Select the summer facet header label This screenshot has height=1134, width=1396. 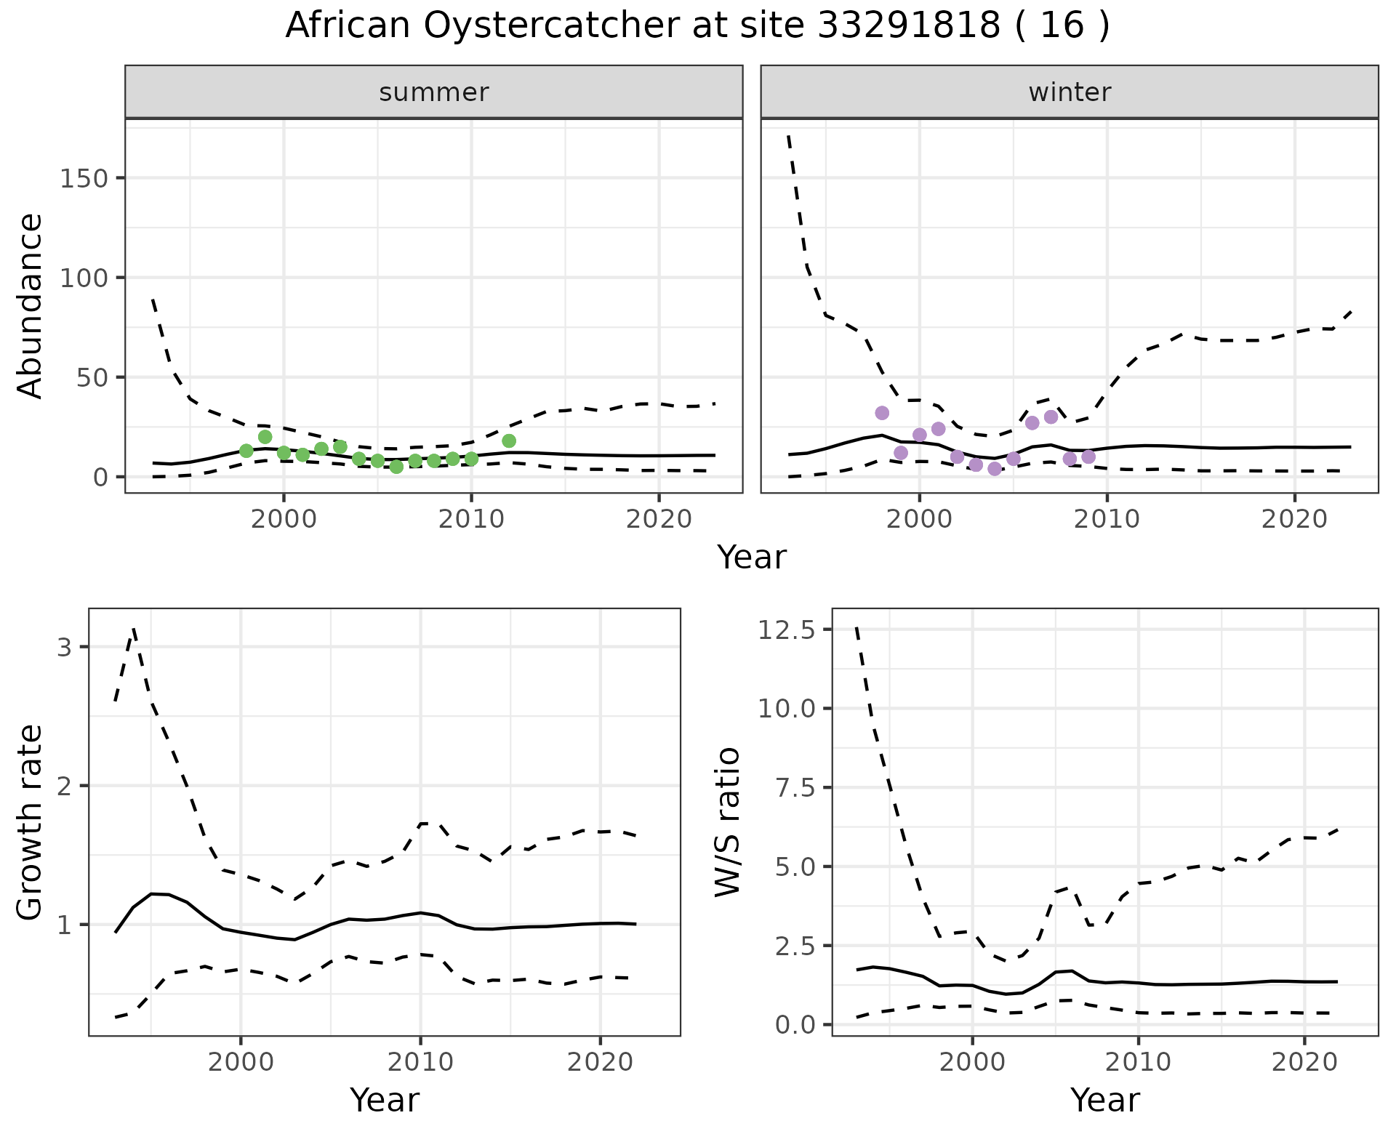[434, 92]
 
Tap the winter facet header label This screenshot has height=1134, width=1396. [1070, 92]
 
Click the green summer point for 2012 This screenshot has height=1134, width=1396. [509, 441]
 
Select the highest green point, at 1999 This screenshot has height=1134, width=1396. [265, 437]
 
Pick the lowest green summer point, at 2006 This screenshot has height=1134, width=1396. [396, 467]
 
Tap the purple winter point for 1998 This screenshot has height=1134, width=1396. [882, 413]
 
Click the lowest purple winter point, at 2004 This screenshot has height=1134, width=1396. [995, 469]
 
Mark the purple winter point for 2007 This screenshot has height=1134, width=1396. [1051, 417]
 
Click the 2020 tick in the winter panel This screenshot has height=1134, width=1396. [1294, 520]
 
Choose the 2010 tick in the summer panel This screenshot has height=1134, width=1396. [471, 520]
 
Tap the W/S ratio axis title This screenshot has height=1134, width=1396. [727, 821]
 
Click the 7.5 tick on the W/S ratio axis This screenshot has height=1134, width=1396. [794, 788]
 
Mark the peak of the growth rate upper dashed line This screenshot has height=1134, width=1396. [134, 629]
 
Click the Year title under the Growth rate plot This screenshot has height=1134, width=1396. [385, 1100]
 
